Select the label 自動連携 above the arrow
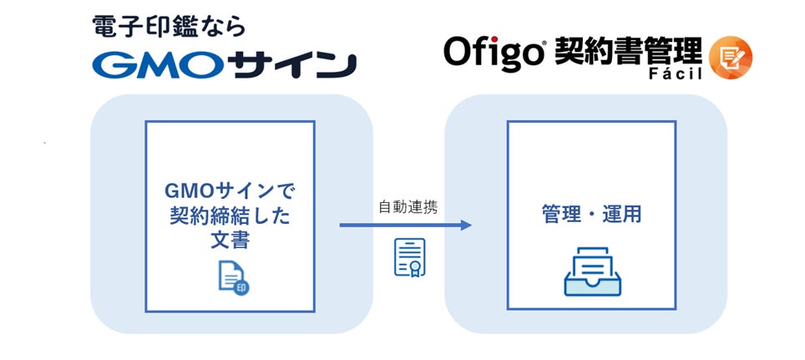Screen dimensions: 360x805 point(408,206)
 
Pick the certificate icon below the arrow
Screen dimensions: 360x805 point(409,257)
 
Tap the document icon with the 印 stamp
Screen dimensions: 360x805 point(232,276)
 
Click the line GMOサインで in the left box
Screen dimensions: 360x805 point(230,190)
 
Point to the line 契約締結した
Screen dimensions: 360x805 point(230,215)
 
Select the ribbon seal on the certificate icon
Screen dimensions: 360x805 point(409,267)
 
